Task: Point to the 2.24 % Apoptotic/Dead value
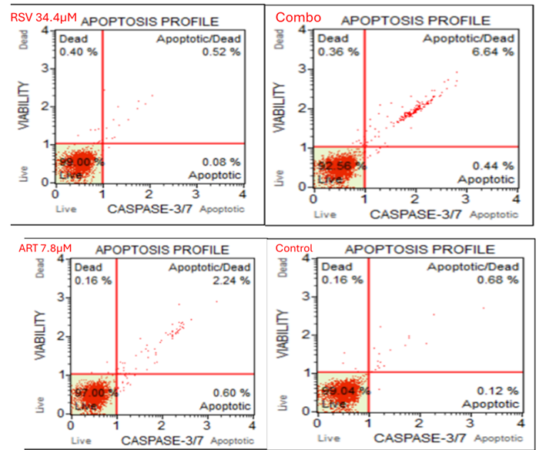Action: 231,280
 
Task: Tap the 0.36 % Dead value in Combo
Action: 338,52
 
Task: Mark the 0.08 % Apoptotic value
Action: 224,162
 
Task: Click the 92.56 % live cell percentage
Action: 340,166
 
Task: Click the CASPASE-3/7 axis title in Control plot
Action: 419,438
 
